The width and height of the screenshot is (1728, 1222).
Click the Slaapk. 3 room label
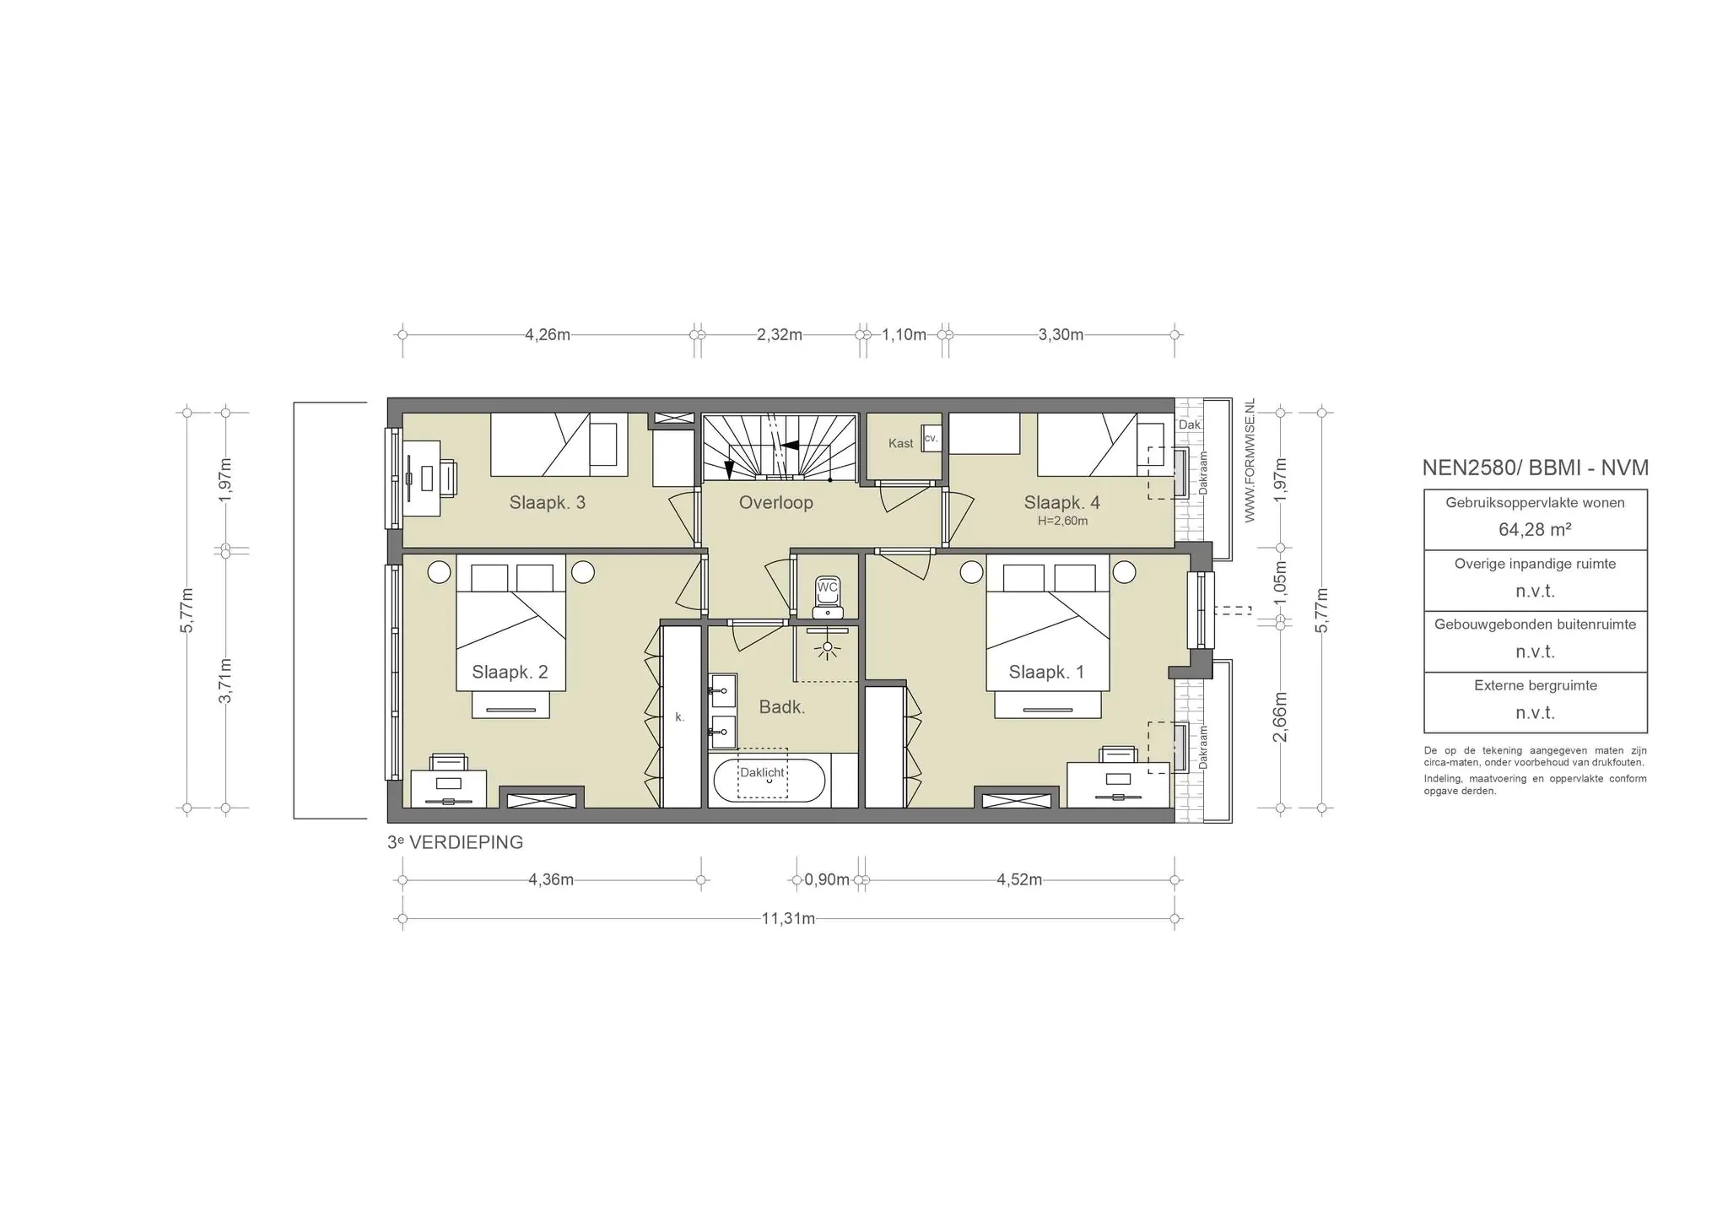547,503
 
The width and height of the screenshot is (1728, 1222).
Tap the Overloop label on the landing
775,503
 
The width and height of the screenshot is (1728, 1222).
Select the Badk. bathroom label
781,707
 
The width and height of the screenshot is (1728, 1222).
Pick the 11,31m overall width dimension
788,918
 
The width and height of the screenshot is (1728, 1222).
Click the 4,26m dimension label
548,334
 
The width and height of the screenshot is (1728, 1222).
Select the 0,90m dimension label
827,879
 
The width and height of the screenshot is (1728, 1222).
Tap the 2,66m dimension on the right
1280,717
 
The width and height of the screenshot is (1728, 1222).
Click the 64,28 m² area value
1535,530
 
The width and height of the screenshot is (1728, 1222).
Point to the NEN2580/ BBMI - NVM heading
1535,468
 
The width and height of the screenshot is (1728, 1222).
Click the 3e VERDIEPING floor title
455,842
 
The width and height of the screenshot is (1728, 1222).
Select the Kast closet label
900,444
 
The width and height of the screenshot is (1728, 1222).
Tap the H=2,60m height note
1062,522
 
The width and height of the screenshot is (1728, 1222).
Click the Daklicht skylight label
762,772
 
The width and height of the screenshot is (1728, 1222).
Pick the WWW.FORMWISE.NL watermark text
1250,461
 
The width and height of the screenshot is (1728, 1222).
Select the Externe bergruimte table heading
1536,685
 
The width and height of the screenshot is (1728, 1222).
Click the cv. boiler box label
931,438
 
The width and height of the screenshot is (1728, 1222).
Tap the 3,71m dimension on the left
225,680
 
